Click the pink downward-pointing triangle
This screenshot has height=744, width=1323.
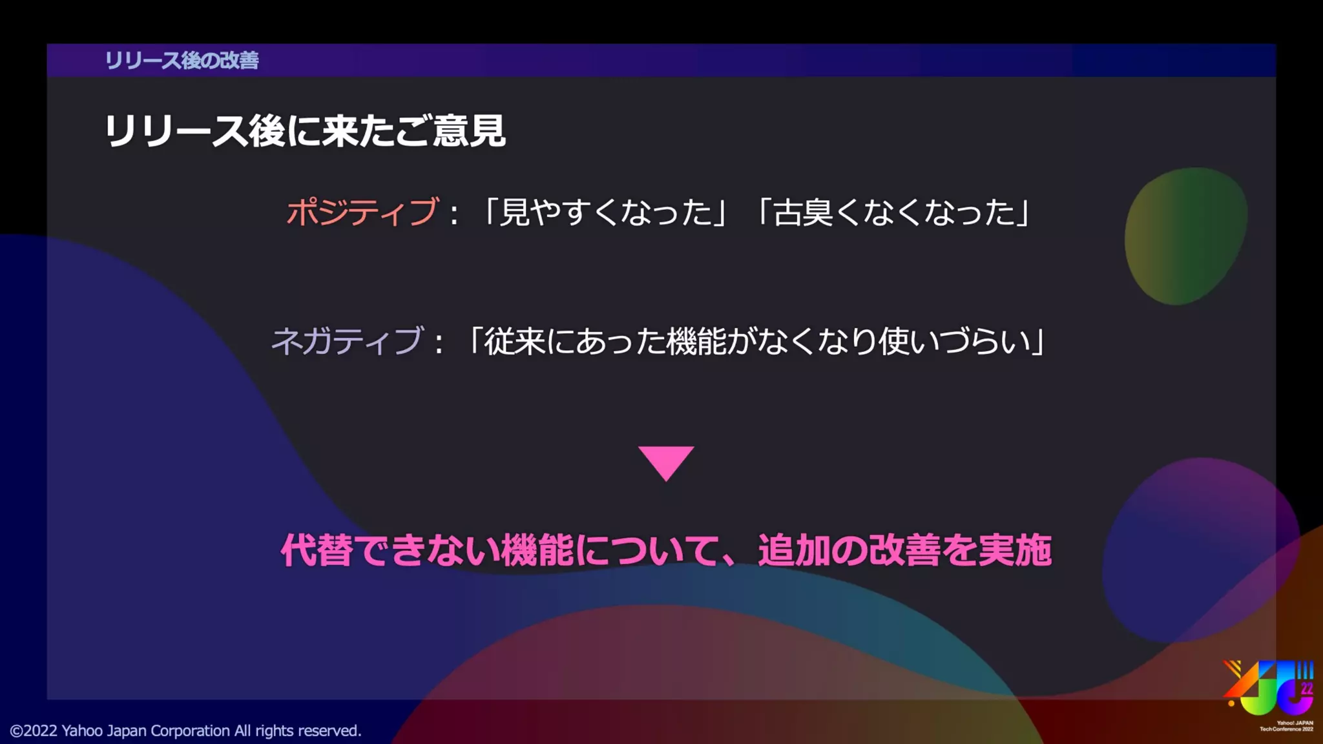coord(666,461)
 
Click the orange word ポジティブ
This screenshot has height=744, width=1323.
coord(362,212)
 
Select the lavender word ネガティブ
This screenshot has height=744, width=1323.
coord(347,341)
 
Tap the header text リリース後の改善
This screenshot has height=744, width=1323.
coord(182,60)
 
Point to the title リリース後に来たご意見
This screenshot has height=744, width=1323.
coord(304,131)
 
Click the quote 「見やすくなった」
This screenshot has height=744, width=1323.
coord(605,212)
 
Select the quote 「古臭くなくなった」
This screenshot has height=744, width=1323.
coord(894,212)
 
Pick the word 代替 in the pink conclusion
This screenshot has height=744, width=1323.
coord(317,550)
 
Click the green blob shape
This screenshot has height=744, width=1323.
coord(1185,236)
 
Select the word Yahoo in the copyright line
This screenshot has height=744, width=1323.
coord(82,730)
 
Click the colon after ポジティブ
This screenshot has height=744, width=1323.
coord(454,214)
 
